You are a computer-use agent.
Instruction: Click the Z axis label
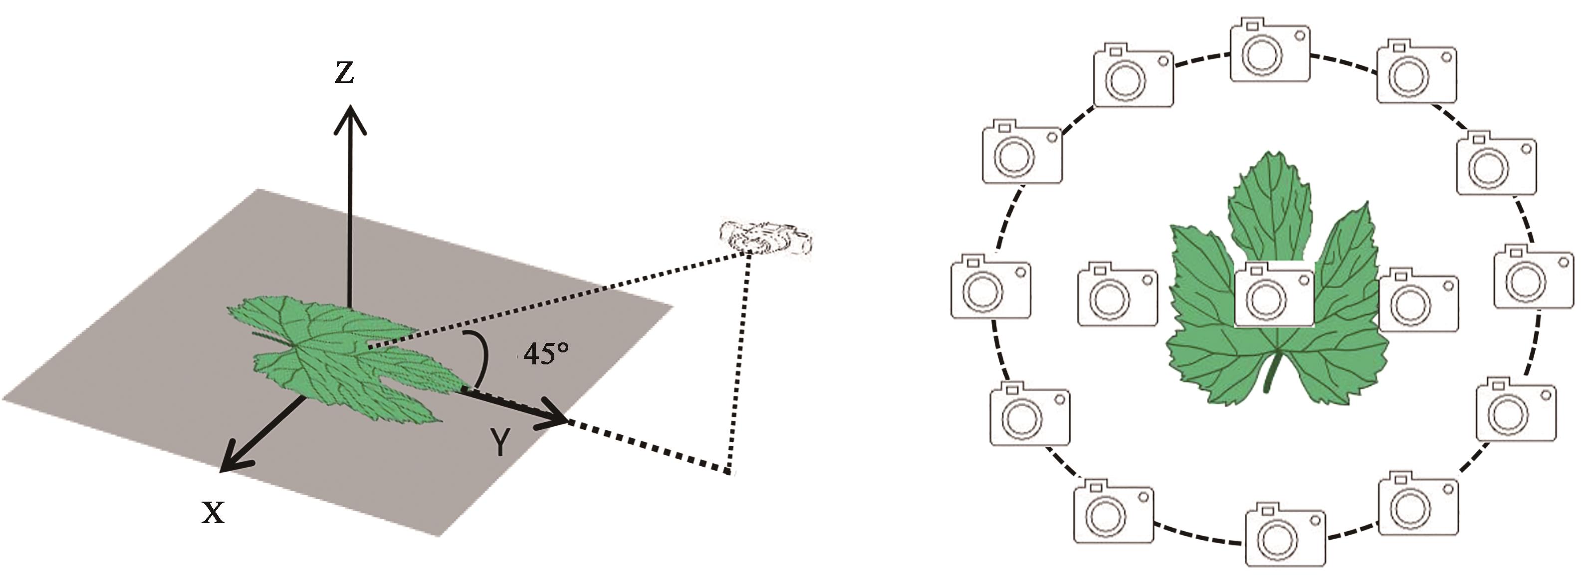(x=344, y=73)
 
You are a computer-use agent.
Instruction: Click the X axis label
(x=213, y=512)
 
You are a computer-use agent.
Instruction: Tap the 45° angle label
(x=545, y=354)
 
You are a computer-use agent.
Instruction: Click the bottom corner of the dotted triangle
(x=730, y=473)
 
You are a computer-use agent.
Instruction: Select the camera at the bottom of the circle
(x=1285, y=536)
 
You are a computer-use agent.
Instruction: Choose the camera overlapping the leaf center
(x=1274, y=293)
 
